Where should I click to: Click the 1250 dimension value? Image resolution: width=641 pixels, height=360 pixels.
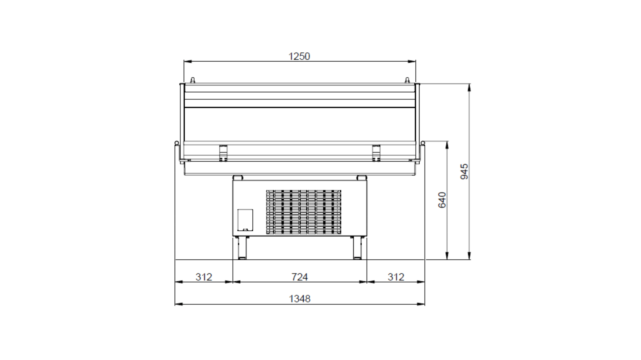coord(299,56)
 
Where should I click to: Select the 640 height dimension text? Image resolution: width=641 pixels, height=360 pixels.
coord(442,200)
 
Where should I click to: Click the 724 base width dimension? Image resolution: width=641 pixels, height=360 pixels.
coord(300,277)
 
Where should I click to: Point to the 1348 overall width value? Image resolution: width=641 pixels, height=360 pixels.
coord(300,299)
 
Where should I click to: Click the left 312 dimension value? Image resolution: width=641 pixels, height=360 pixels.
coord(204,277)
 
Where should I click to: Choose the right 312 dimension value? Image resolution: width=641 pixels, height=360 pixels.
coord(396,277)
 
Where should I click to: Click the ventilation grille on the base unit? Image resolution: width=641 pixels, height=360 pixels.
coord(304,212)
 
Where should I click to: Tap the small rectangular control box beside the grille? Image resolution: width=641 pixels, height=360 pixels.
coord(245,220)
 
